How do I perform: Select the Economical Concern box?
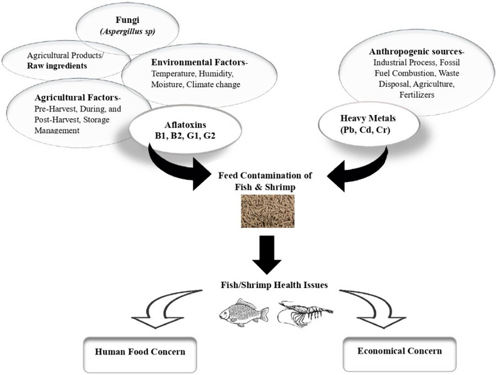(399, 351)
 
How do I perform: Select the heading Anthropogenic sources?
(404, 52)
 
